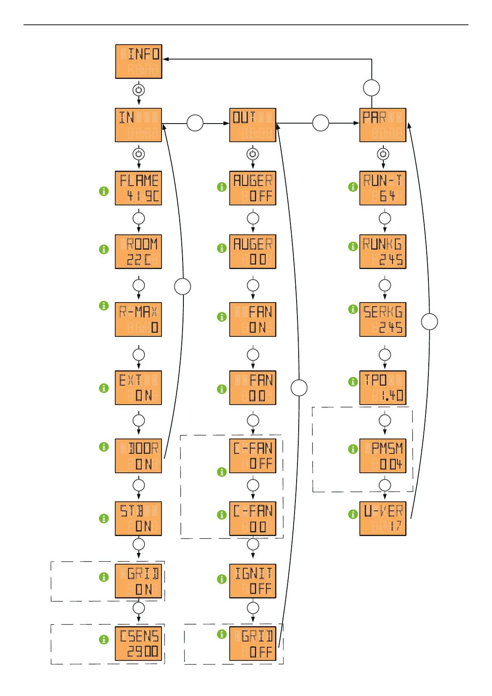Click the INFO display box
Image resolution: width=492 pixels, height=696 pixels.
tap(139, 62)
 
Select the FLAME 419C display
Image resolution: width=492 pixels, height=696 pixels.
tap(138, 188)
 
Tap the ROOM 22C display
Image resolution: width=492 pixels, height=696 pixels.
tap(138, 252)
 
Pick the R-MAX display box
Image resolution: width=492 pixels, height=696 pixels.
tap(138, 319)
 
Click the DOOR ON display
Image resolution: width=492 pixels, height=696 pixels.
tap(138, 456)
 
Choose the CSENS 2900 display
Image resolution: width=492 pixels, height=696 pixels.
tap(138, 644)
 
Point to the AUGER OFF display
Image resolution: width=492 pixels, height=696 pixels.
tap(253, 188)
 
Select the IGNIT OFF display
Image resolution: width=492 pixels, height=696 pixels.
tap(253, 581)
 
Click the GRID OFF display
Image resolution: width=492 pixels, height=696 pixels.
tap(253, 644)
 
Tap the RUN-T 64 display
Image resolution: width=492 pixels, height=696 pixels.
tap(383, 188)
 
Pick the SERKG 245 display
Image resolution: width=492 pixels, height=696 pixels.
tap(383, 319)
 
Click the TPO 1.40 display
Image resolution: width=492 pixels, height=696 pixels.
tap(383, 388)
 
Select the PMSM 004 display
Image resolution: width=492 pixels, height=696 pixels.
tap(383, 456)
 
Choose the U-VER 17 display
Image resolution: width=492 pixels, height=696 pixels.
tap(383, 519)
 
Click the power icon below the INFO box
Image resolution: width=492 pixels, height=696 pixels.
tap(139, 90)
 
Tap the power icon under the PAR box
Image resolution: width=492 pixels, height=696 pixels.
tap(383, 154)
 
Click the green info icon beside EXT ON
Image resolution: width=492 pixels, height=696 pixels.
tap(104, 388)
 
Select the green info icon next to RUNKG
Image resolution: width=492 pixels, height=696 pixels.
tap(353, 246)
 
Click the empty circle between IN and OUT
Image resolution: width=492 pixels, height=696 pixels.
tap(195, 123)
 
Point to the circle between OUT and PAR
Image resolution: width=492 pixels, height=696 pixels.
tap(321, 123)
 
